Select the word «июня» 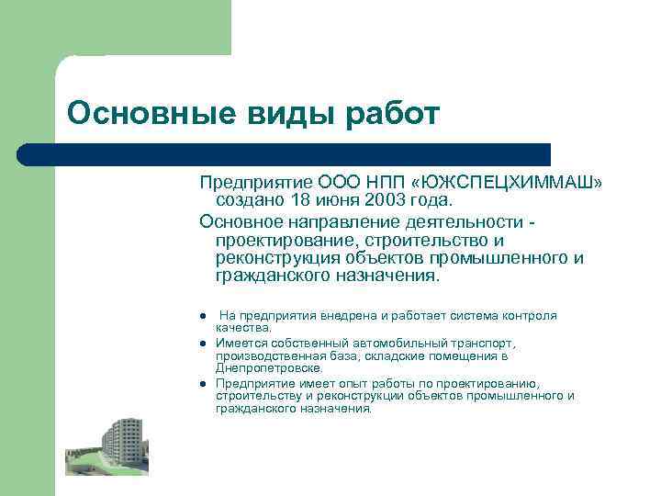333,199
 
